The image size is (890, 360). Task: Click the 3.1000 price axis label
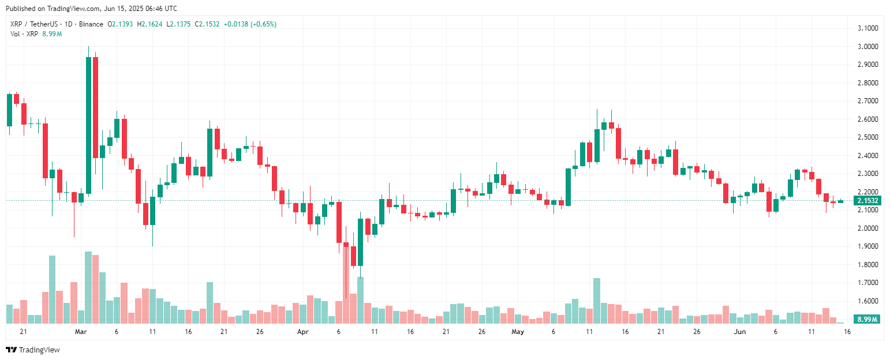click(x=867, y=28)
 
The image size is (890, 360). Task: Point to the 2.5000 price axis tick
click(x=867, y=137)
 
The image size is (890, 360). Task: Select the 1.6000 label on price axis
click(x=867, y=301)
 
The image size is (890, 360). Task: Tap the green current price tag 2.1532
click(x=867, y=201)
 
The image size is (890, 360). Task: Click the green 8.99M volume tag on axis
click(x=867, y=319)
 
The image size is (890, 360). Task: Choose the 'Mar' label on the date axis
click(x=81, y=332)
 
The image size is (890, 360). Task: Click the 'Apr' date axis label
click(x=302, y=332)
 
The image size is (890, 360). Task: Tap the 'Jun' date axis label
click(x=739, y=332)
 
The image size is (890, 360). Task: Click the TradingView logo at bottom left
click(x=33, y=350)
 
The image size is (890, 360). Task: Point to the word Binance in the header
click(x=91, y=24)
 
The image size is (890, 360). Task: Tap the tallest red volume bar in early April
click(x=346, y=277)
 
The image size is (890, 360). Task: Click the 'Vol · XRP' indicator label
click(x=24, y=34)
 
